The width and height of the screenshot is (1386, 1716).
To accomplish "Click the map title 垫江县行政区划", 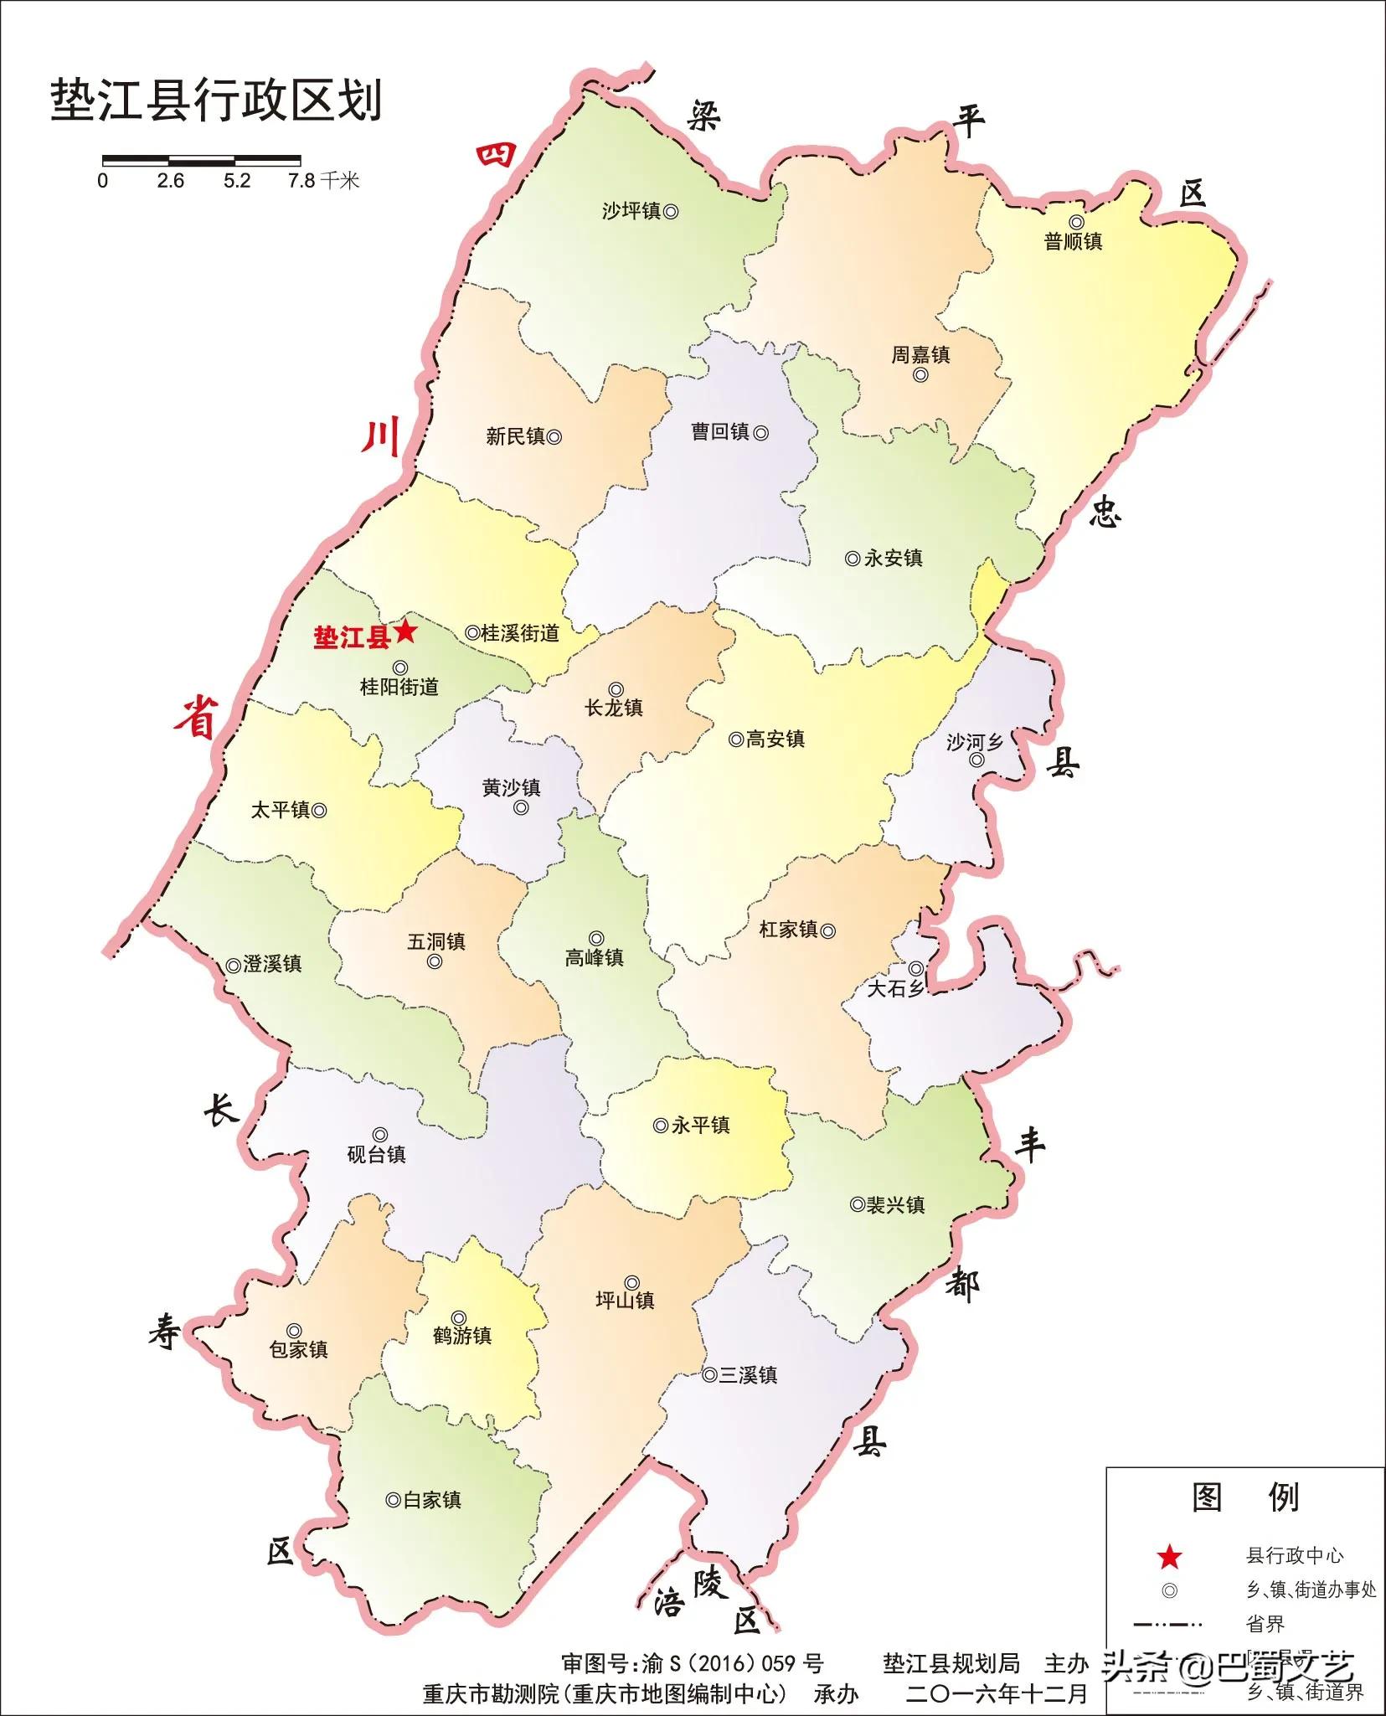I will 216,101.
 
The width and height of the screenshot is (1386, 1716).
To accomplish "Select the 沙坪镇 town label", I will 631,211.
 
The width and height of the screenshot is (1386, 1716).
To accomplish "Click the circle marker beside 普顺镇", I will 1076,222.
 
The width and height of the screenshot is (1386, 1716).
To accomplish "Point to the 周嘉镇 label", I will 920,355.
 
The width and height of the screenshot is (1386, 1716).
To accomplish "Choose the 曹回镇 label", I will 719,432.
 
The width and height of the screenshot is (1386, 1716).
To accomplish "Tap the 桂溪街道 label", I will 520,633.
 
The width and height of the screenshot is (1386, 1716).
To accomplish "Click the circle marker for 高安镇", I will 735,739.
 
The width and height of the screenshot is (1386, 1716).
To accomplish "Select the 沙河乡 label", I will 974,742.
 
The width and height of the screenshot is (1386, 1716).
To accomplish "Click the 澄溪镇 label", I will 272,964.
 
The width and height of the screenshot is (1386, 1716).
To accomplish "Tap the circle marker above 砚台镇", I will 379,1135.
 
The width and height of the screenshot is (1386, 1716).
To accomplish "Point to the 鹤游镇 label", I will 462,1336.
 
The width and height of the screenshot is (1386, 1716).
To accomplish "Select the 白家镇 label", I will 432,1500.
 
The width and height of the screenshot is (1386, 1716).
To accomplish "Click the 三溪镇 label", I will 748,1375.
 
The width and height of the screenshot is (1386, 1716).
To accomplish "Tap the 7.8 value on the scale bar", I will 301,181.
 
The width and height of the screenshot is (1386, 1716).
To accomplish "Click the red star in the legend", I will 1169,1558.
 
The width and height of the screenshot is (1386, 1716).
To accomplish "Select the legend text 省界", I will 1265,1625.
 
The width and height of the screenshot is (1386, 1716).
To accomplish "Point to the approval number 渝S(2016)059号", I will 733,1663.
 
